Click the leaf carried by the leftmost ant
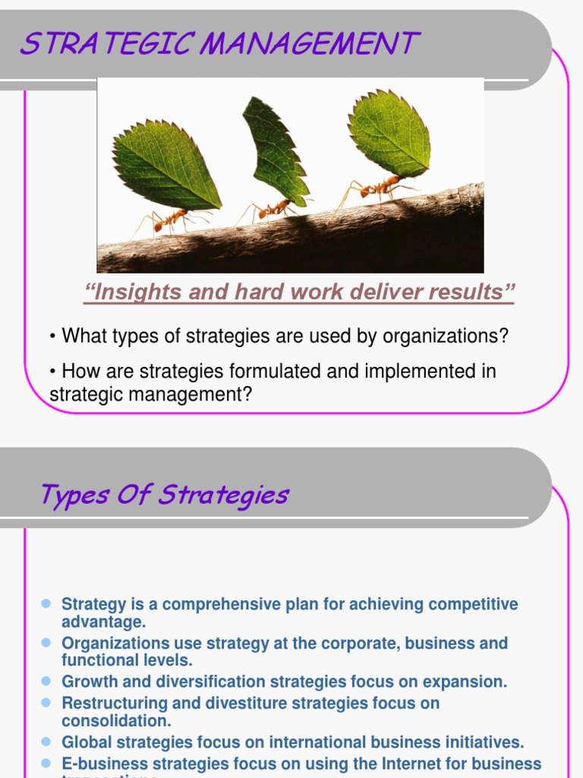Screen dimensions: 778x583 165,165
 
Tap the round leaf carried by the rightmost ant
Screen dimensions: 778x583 389,134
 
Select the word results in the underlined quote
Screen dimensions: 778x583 472,292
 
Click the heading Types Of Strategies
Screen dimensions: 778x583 164,495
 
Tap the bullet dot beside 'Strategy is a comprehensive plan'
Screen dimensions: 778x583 46,603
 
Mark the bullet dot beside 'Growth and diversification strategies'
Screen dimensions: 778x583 46,681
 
